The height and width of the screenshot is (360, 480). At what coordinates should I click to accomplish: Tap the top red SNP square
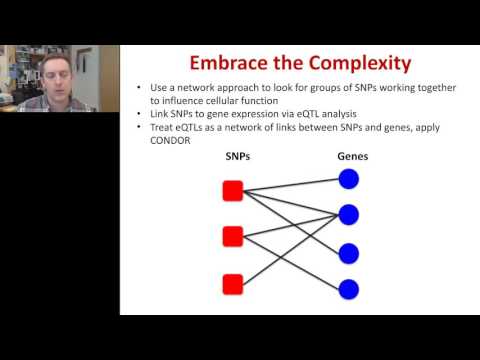[232, 192]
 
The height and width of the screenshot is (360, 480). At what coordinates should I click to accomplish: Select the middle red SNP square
[232, 237]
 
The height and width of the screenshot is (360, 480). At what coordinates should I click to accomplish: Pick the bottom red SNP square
[232, 283]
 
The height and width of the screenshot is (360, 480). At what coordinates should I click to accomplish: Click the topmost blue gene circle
[348, 179]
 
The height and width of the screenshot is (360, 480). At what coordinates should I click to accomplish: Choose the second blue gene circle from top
[348, 215]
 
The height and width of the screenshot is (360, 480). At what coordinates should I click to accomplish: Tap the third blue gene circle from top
[348, 252]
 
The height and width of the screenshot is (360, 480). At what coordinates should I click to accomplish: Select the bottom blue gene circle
[348, 290]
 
